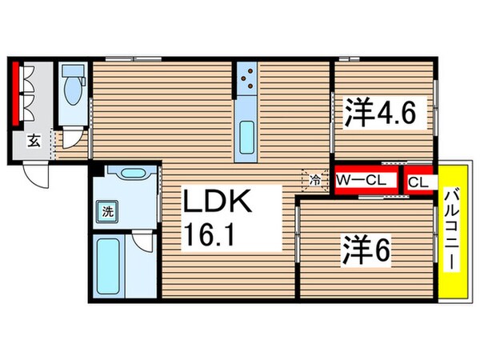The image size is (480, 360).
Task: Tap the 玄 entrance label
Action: click(34, 142)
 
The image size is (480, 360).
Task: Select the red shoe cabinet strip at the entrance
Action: click(15, 94)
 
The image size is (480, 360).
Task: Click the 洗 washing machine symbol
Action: click(106, 213)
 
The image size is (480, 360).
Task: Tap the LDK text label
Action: click(218, 202)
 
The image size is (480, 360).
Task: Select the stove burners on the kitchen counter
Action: click(246, 78)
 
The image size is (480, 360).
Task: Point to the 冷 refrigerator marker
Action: click(315, 180)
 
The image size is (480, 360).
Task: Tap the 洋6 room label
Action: click(370, 252)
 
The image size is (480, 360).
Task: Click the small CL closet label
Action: click(418, 182)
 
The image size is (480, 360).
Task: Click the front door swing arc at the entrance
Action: click(36, 172)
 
